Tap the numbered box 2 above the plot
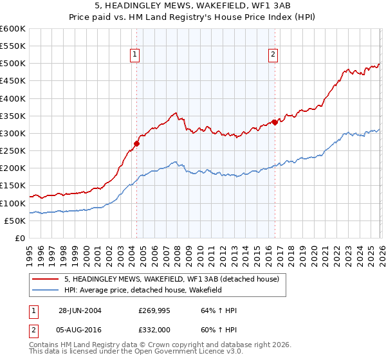[x=273, y=55]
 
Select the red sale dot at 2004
[x=136, y=144]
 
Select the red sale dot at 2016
[x=275, y=122]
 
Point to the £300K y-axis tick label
[x=12, y=133]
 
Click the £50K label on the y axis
[x=14, y=221]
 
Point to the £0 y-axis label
[x=19, y=238]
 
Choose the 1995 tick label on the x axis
[x=30, y=251]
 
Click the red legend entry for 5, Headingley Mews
[x=171, y=279]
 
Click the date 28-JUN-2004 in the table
[x=80, y=310]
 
